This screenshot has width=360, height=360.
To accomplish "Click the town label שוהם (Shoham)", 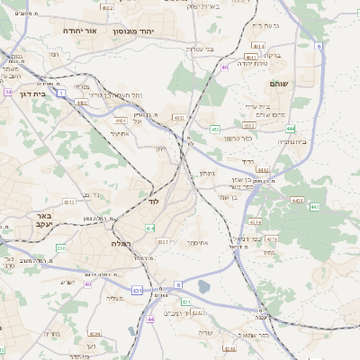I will coord(279,83).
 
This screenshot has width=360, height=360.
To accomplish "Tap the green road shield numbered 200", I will coord(60,247).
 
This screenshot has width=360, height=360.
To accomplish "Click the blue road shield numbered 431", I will coord(137,291).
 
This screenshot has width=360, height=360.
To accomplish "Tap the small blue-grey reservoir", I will coord(204,287).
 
